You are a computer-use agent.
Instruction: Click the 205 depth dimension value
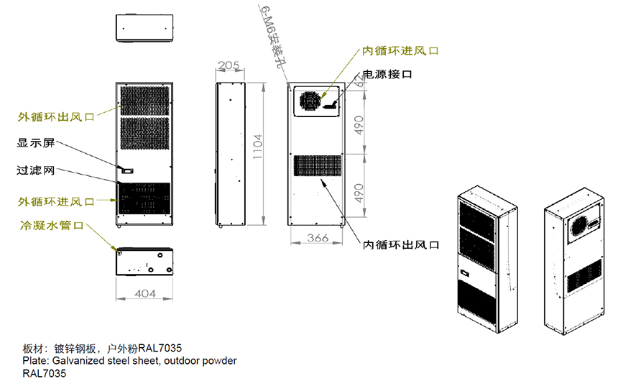[228, 65]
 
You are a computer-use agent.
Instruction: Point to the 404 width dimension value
[145, 293]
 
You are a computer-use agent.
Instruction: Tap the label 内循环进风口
[400, 51]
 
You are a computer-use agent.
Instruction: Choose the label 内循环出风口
[401, 245]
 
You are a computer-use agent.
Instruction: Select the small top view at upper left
[144, 29]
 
